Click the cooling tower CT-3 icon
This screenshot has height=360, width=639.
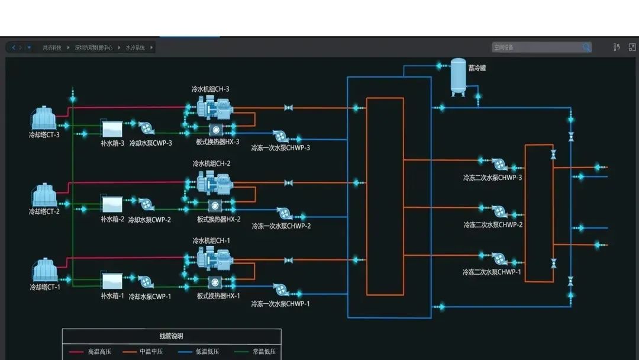pyautogui.click(x=44, y=117)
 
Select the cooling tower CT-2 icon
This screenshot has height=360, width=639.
pyautogui.click(x=44, y=195)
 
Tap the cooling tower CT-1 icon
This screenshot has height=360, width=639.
pyautogui.click(x=44, y=270)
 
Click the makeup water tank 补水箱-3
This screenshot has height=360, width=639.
pyautogui.click(x=112, y=129)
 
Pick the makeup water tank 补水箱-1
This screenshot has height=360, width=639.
pyautogui.click(x=112, y=281)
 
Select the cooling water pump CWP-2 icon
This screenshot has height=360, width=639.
pyautogui.click(x=146, y=205)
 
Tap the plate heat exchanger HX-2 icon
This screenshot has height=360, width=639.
pyautogui.click(x=216, y=205)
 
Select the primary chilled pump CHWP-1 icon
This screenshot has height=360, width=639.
pyautogui.click(x=281, y=290)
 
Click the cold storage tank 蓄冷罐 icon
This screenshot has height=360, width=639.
pyautogui.click(x=458, y=76)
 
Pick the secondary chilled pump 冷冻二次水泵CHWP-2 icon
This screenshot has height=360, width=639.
pyautogui.click(x=498, y=211)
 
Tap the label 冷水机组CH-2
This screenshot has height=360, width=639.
pyautogui.click(x=211, y=163)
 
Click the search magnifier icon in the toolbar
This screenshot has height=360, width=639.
pyautogui.click(x=586, y=47)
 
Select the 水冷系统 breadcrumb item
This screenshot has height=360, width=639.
pyautogui.click(x=135, y=47)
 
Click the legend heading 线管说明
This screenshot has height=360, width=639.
pyautogui.click(x=171, y=336)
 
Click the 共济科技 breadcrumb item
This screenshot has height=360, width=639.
pyautogui.click(x=52, y=47)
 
